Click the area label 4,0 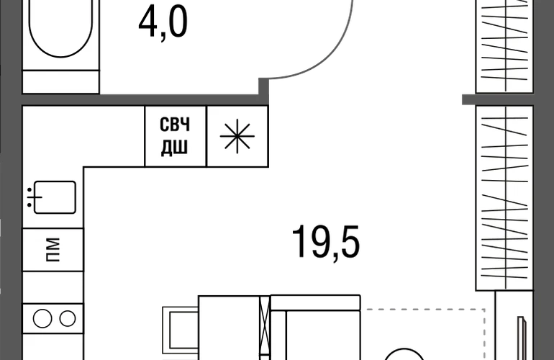tap(163, 23)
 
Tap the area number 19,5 tap(326, 242)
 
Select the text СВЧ tap(175, 124)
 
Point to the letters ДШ tap(175, 148)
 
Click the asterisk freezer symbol tap(237, 136)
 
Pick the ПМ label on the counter tap(53, 250)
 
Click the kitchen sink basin tap(55, 197)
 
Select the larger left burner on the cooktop tap(42, 319)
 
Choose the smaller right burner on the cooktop tap(67, 319)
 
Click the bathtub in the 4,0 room tap(60, 28)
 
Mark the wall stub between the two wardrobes tap(498, 100)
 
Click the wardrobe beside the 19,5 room tap(504, 198)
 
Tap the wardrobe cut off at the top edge tap(504, 46)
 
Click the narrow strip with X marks tap(265, 328)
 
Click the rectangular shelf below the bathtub tap(60, 81)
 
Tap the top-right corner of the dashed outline tap(484, 310)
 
